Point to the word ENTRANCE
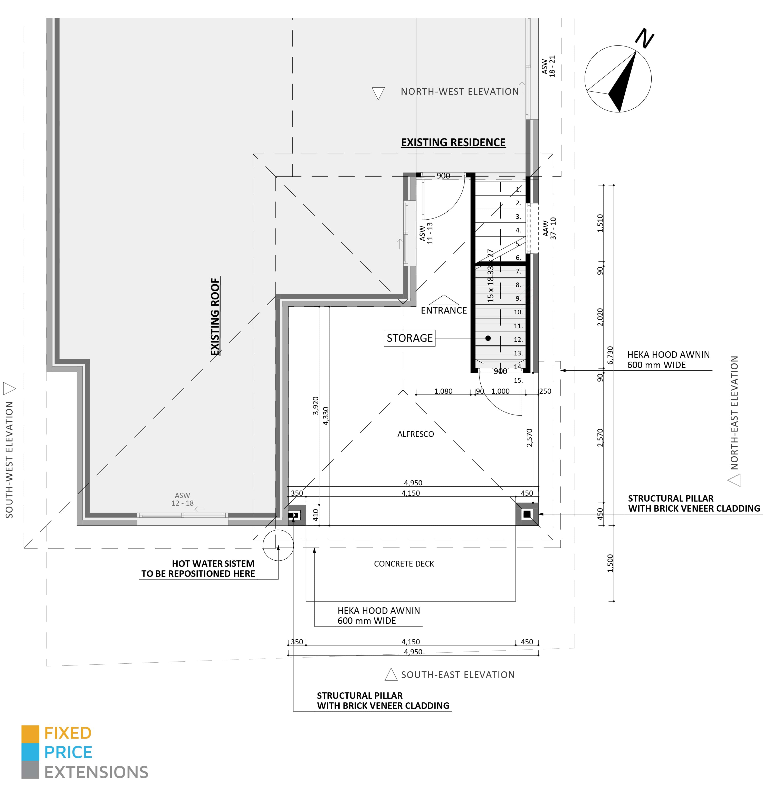tap(444, 310)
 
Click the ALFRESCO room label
tap(415, 434)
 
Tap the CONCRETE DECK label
tap(404, 564)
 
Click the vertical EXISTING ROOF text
tap(215, 317)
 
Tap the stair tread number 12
tap(518, 340)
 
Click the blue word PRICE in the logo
tap(68, 752)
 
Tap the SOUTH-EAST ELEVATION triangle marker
tap(391, 674)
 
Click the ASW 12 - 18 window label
tap(182, 499)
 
